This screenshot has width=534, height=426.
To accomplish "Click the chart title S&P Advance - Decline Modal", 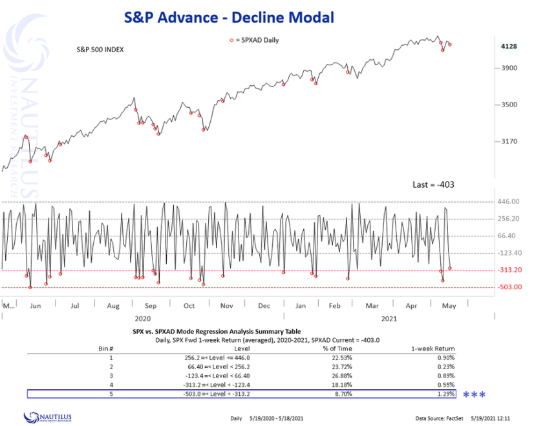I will click(x=229, y=17).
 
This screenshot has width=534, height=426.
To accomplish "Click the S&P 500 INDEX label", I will click(x=96, y=49).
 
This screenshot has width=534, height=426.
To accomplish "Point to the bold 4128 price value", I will click(x=510, y=46).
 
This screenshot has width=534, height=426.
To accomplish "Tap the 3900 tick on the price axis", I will click(x=509, y=68).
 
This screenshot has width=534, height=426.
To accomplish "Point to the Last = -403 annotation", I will click(x=433, y=185).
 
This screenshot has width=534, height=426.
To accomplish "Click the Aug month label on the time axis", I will click(x=114, y=305).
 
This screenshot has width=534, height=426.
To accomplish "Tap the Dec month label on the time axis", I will click(x=265, y=305).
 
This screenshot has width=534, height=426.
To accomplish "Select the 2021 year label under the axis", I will click(x=389, y=318).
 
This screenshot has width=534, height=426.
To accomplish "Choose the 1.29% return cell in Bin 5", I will click(x=446, y=394).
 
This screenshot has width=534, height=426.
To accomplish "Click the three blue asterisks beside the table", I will click(x=474, y=394).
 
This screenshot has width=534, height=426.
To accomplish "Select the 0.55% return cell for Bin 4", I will click(x=446, y=385).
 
